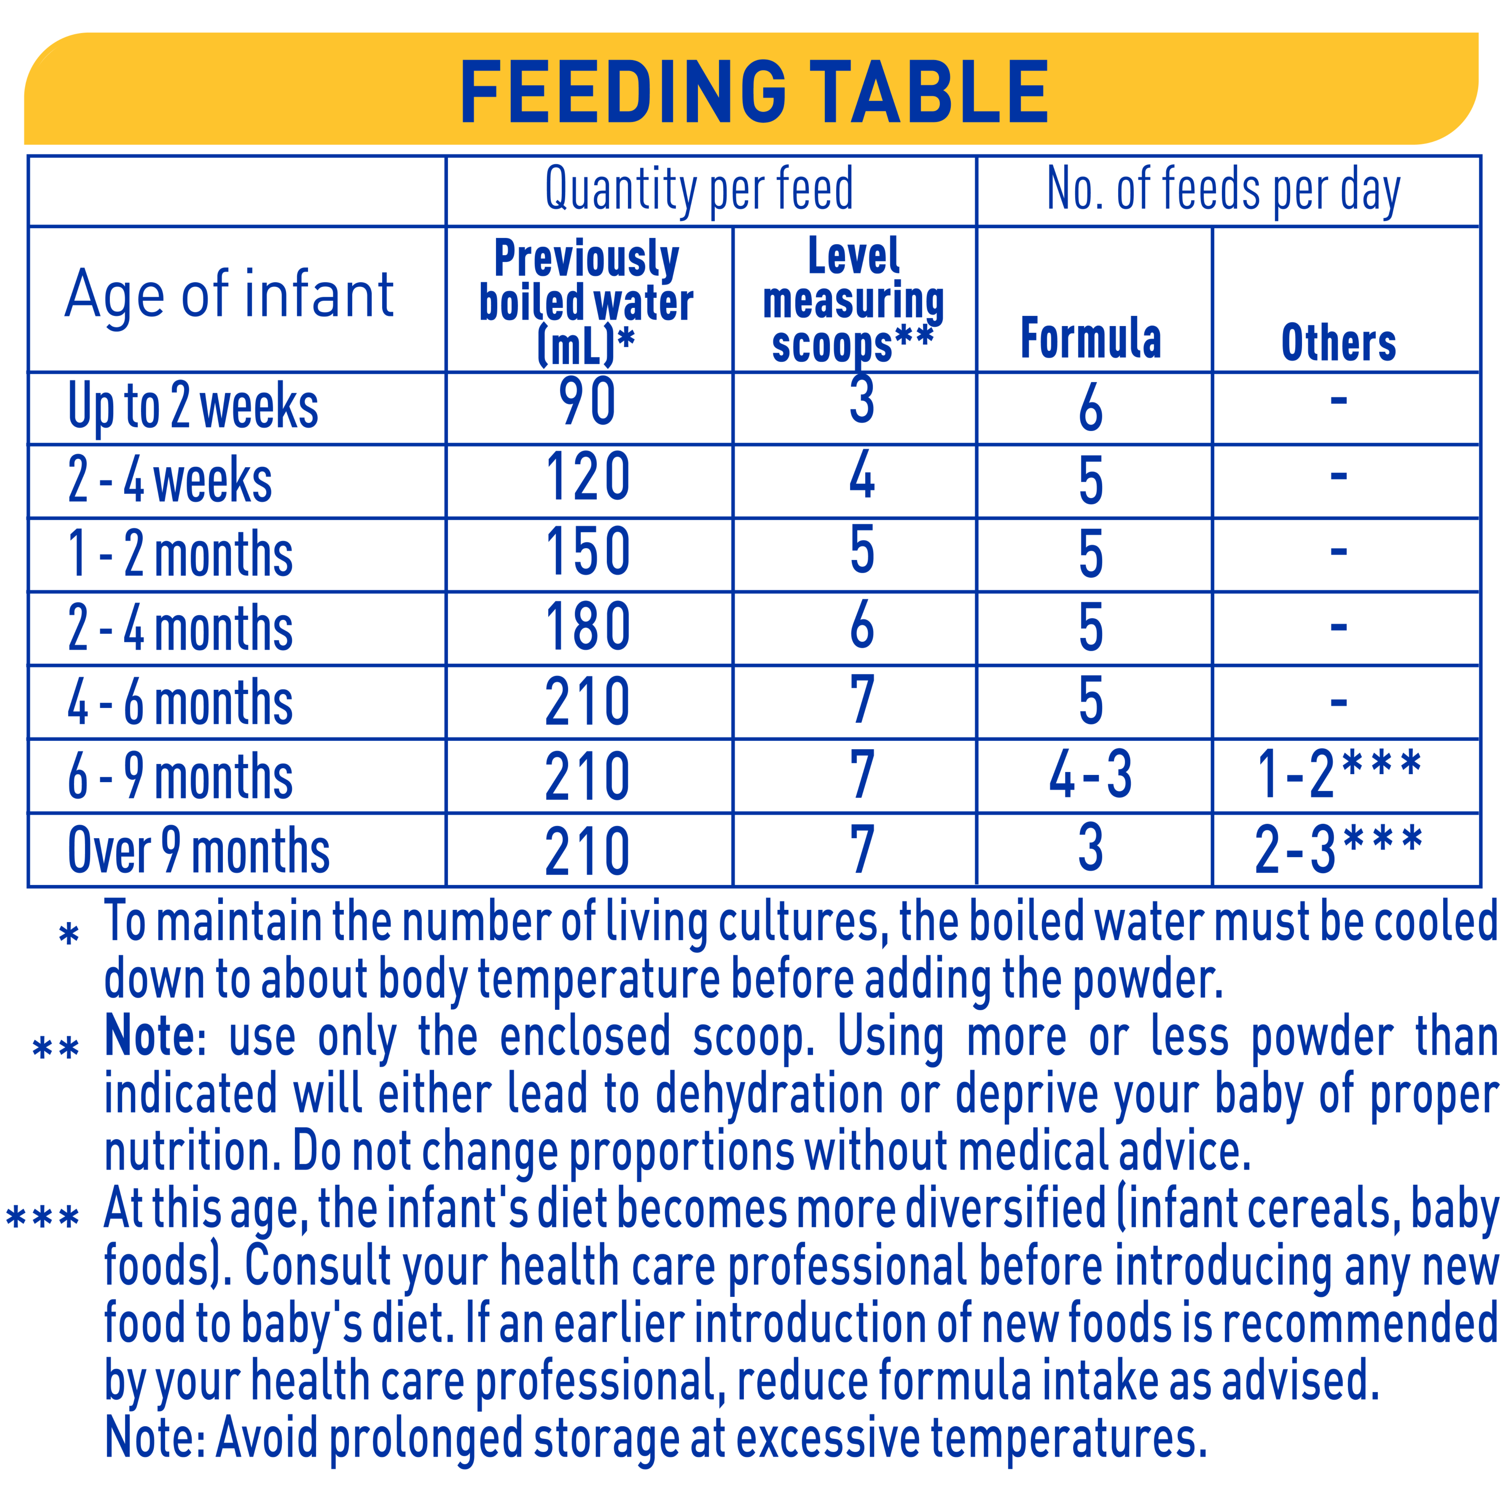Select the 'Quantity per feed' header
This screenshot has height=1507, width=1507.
point(699,190)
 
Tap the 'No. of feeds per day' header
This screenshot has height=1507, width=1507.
point(1223,190)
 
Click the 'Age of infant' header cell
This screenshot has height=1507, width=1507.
point(229,295)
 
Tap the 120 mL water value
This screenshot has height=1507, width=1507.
point(587,477)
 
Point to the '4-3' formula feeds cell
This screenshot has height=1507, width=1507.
point(1090,775)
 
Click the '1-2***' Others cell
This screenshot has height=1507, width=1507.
point(1339,773)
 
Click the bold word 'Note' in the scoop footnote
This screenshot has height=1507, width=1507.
point(150,1036)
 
